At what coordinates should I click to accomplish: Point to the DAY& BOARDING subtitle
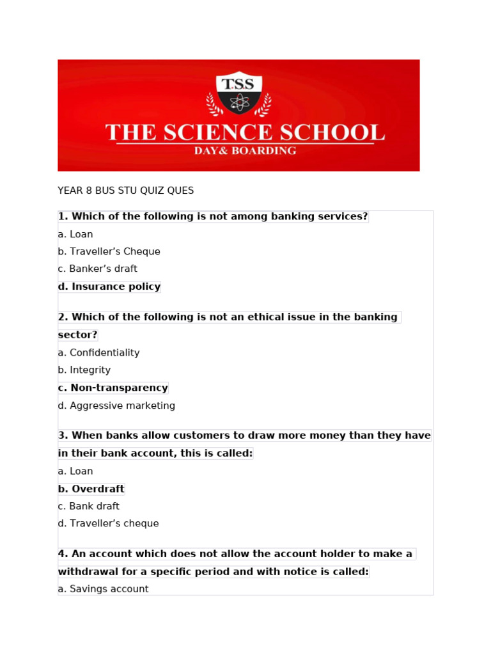click(x=245, y=151)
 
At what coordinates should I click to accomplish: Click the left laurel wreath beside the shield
click(x=213, y=104)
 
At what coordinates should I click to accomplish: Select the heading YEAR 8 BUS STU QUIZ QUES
click(x=125, y=191)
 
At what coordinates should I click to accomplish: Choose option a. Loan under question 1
click(x=75, y=235)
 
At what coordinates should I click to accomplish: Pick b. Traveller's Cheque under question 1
click(x=109, y=252)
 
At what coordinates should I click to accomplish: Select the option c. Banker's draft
click(x=97, y=269)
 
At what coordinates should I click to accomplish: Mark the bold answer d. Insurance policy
click(x=109, y=287)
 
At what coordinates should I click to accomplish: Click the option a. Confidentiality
click(x=98, y=353)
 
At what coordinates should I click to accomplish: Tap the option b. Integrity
click(x=84, y=370)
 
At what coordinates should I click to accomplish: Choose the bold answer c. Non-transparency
click(x=113, y=388)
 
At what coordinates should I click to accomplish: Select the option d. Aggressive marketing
click(x=116, y=406)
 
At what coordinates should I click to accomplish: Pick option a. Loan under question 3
click(x=75, y=471)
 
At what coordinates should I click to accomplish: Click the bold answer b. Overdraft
click(x=91, y=489)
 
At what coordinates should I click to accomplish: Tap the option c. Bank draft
click(x=88, y=507)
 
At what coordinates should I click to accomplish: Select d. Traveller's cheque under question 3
click(x=108, y=524)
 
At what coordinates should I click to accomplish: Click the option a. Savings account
click(x=103, y=589)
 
